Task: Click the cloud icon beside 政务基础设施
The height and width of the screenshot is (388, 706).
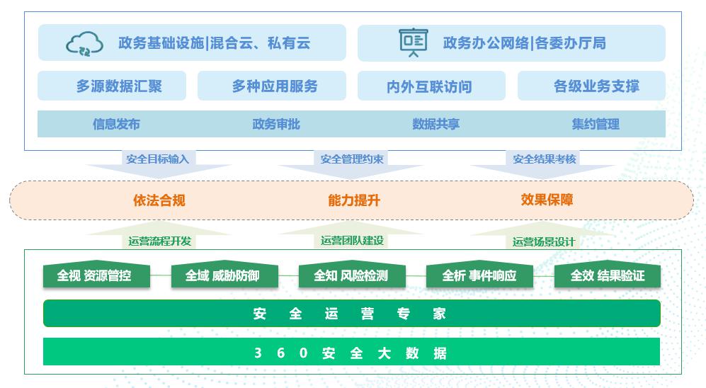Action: pos(84,43)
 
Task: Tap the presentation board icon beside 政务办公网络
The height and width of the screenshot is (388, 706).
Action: pos(413,42)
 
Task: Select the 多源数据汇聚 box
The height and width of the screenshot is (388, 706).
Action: pos(112,86)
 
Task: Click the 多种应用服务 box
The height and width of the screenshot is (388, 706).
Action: pos(272,86)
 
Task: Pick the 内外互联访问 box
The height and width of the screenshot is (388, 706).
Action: pos(431,86)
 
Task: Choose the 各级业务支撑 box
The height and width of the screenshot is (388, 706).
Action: pos(591,86)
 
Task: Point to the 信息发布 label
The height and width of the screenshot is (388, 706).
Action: pos(116,124)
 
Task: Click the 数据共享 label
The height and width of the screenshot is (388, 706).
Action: pos(435,124)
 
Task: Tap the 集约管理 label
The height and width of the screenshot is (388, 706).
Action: pos(596,124)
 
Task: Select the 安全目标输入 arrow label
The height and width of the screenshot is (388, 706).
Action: pos(157,159)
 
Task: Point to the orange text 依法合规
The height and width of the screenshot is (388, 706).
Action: pos(159,200)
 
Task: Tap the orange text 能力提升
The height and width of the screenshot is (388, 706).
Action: pos(354,200)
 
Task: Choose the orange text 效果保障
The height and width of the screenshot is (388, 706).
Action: pos(547,200)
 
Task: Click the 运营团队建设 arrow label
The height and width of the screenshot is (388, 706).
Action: pos(352,241)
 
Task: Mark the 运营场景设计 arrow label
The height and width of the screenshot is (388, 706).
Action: pos(544,241)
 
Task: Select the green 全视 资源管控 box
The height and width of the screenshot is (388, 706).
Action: pos(94,275)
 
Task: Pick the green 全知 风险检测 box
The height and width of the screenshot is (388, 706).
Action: pos(351,275)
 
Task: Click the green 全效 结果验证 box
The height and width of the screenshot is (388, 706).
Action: pos(607,275)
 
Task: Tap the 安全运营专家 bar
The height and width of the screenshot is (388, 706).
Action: pos(351,314)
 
